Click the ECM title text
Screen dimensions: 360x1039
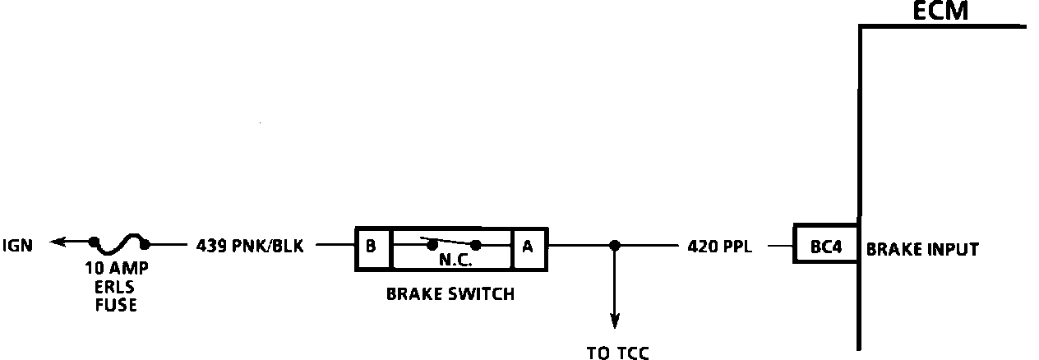[x=940, y=11]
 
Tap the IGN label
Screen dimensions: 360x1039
[x=18, y=244]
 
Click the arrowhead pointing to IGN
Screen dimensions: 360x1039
[x=56, y=242]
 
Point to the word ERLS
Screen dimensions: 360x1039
[x=119, y=287]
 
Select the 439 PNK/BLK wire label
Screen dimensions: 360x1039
[x=250, y=245]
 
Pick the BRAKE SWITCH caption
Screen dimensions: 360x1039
[x=450, y=294]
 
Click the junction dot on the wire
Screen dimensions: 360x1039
[x=614, y=245]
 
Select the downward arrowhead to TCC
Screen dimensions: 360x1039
[x=614, y=318]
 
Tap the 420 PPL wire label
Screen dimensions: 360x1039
[x=719, y=245]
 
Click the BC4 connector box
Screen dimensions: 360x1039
[x=825, y=245]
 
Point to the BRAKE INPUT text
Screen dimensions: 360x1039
[x=922, y=249]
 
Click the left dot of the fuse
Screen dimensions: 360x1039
[x=95, y=243]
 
